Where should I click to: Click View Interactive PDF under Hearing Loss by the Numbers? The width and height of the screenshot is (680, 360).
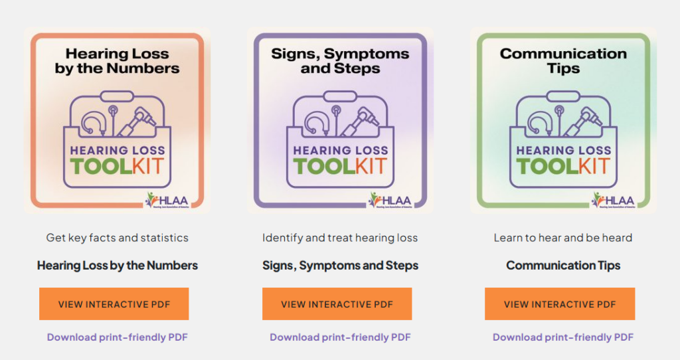114,304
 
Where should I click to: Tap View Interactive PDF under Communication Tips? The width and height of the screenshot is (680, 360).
560,304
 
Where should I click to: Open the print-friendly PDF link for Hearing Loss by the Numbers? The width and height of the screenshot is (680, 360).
117,337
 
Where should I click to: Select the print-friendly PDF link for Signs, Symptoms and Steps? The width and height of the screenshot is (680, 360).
340,337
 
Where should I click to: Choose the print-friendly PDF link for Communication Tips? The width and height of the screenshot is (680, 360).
563,337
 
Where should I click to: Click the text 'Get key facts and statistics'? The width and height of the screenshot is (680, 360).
117,238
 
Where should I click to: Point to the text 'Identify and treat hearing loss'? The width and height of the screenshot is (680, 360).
340,238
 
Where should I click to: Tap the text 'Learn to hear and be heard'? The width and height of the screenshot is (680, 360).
563,238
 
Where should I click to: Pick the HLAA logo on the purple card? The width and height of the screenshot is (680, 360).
390,200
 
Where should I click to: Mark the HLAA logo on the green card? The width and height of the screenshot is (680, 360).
614,200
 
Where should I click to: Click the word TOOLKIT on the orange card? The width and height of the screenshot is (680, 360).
117,165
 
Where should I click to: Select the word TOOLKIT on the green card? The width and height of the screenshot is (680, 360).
563,165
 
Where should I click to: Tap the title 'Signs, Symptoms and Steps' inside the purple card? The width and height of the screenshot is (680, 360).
340,61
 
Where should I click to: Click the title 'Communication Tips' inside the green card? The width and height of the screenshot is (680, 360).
563,61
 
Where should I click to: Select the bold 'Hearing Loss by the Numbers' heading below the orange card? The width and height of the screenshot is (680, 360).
117,266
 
